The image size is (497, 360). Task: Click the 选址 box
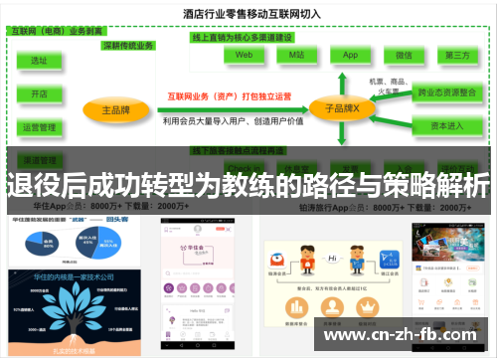pos(39,61)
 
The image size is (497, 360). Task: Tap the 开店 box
pos(39,93)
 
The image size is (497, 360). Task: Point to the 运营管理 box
pos(39,127)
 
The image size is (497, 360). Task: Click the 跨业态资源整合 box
pos(445,91)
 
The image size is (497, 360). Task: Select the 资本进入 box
pos(445,126)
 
